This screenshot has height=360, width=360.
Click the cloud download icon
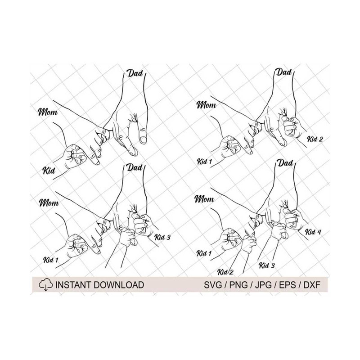[45, 285]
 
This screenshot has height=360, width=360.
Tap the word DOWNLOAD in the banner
[119, 285]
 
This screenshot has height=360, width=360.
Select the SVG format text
[213, 285]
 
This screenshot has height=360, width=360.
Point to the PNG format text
[239, 285]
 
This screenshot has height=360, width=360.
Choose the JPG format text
[264, 285]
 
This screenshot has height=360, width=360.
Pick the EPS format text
[288, 285]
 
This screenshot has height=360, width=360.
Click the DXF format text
[312, 285]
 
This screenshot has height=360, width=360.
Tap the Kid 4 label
[313, 232]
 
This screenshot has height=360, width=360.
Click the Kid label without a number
[49, 171]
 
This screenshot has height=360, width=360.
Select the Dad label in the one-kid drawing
[135, 73]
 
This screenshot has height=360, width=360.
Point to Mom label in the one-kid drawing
[48, 112]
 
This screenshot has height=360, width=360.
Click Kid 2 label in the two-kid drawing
[315, 139]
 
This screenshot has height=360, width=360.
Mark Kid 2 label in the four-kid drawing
[225, 272]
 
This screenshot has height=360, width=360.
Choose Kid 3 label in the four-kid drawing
[267, 265]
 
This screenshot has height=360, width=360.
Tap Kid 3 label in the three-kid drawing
[162, 237]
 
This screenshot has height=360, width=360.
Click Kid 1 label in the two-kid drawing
[204, 162]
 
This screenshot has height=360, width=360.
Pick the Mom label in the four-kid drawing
[204, 199]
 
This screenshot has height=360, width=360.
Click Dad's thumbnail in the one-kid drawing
[143, 140]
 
